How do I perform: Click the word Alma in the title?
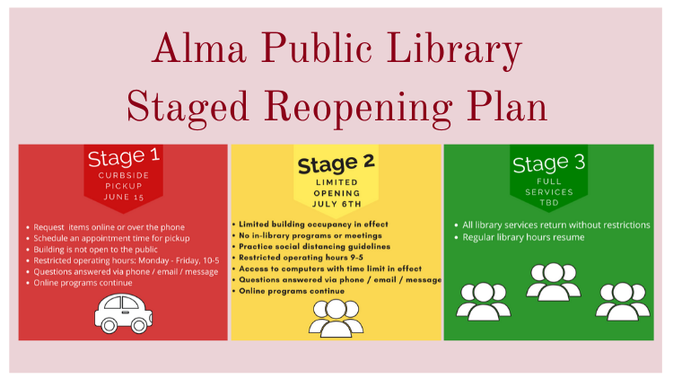point(199,48)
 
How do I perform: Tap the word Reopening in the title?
point(357,109)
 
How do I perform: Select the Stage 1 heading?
point(124,157)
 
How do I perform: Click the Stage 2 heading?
point(336,163)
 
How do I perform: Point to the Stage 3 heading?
point(548,163)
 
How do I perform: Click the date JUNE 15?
point(124,197)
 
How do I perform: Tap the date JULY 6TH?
point(336,204)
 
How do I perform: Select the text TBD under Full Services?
point(549,202)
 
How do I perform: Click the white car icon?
point(124,313)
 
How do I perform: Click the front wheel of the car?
point(139,325)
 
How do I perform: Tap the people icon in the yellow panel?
point(336,319)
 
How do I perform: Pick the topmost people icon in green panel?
point(554,281)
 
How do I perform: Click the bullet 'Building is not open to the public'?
point(95,250)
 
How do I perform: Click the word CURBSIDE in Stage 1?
point(124,175)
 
